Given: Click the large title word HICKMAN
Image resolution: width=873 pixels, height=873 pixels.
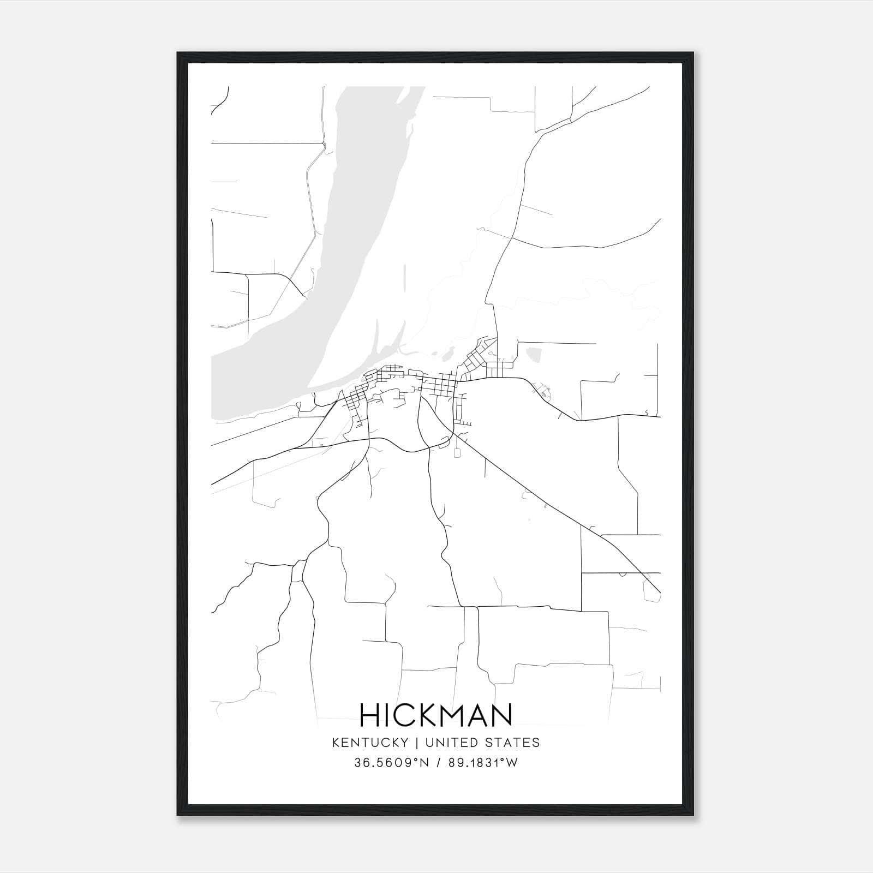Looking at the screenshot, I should [436, 715].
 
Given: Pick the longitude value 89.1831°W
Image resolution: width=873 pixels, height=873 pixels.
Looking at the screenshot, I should [483, 763].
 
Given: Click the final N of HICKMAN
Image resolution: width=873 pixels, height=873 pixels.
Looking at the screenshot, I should [501, 715].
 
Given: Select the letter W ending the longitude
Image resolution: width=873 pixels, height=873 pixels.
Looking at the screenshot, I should [512, 763].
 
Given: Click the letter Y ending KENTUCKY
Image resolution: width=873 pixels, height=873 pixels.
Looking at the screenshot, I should [405, 743].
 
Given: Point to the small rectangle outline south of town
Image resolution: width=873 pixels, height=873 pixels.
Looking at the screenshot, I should [457, 452].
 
